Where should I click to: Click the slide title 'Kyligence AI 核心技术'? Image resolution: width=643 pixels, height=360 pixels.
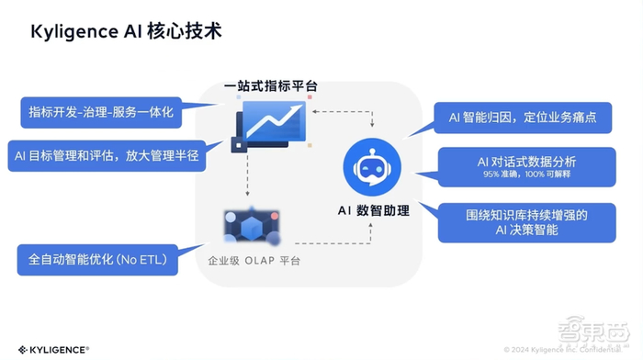pos(126,31)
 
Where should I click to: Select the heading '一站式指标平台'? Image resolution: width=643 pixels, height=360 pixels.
pos(270,86)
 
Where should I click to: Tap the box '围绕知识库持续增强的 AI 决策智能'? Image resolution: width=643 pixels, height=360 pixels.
pos(526,222)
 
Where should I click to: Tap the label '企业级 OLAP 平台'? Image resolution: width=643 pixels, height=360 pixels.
pos(253,262)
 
